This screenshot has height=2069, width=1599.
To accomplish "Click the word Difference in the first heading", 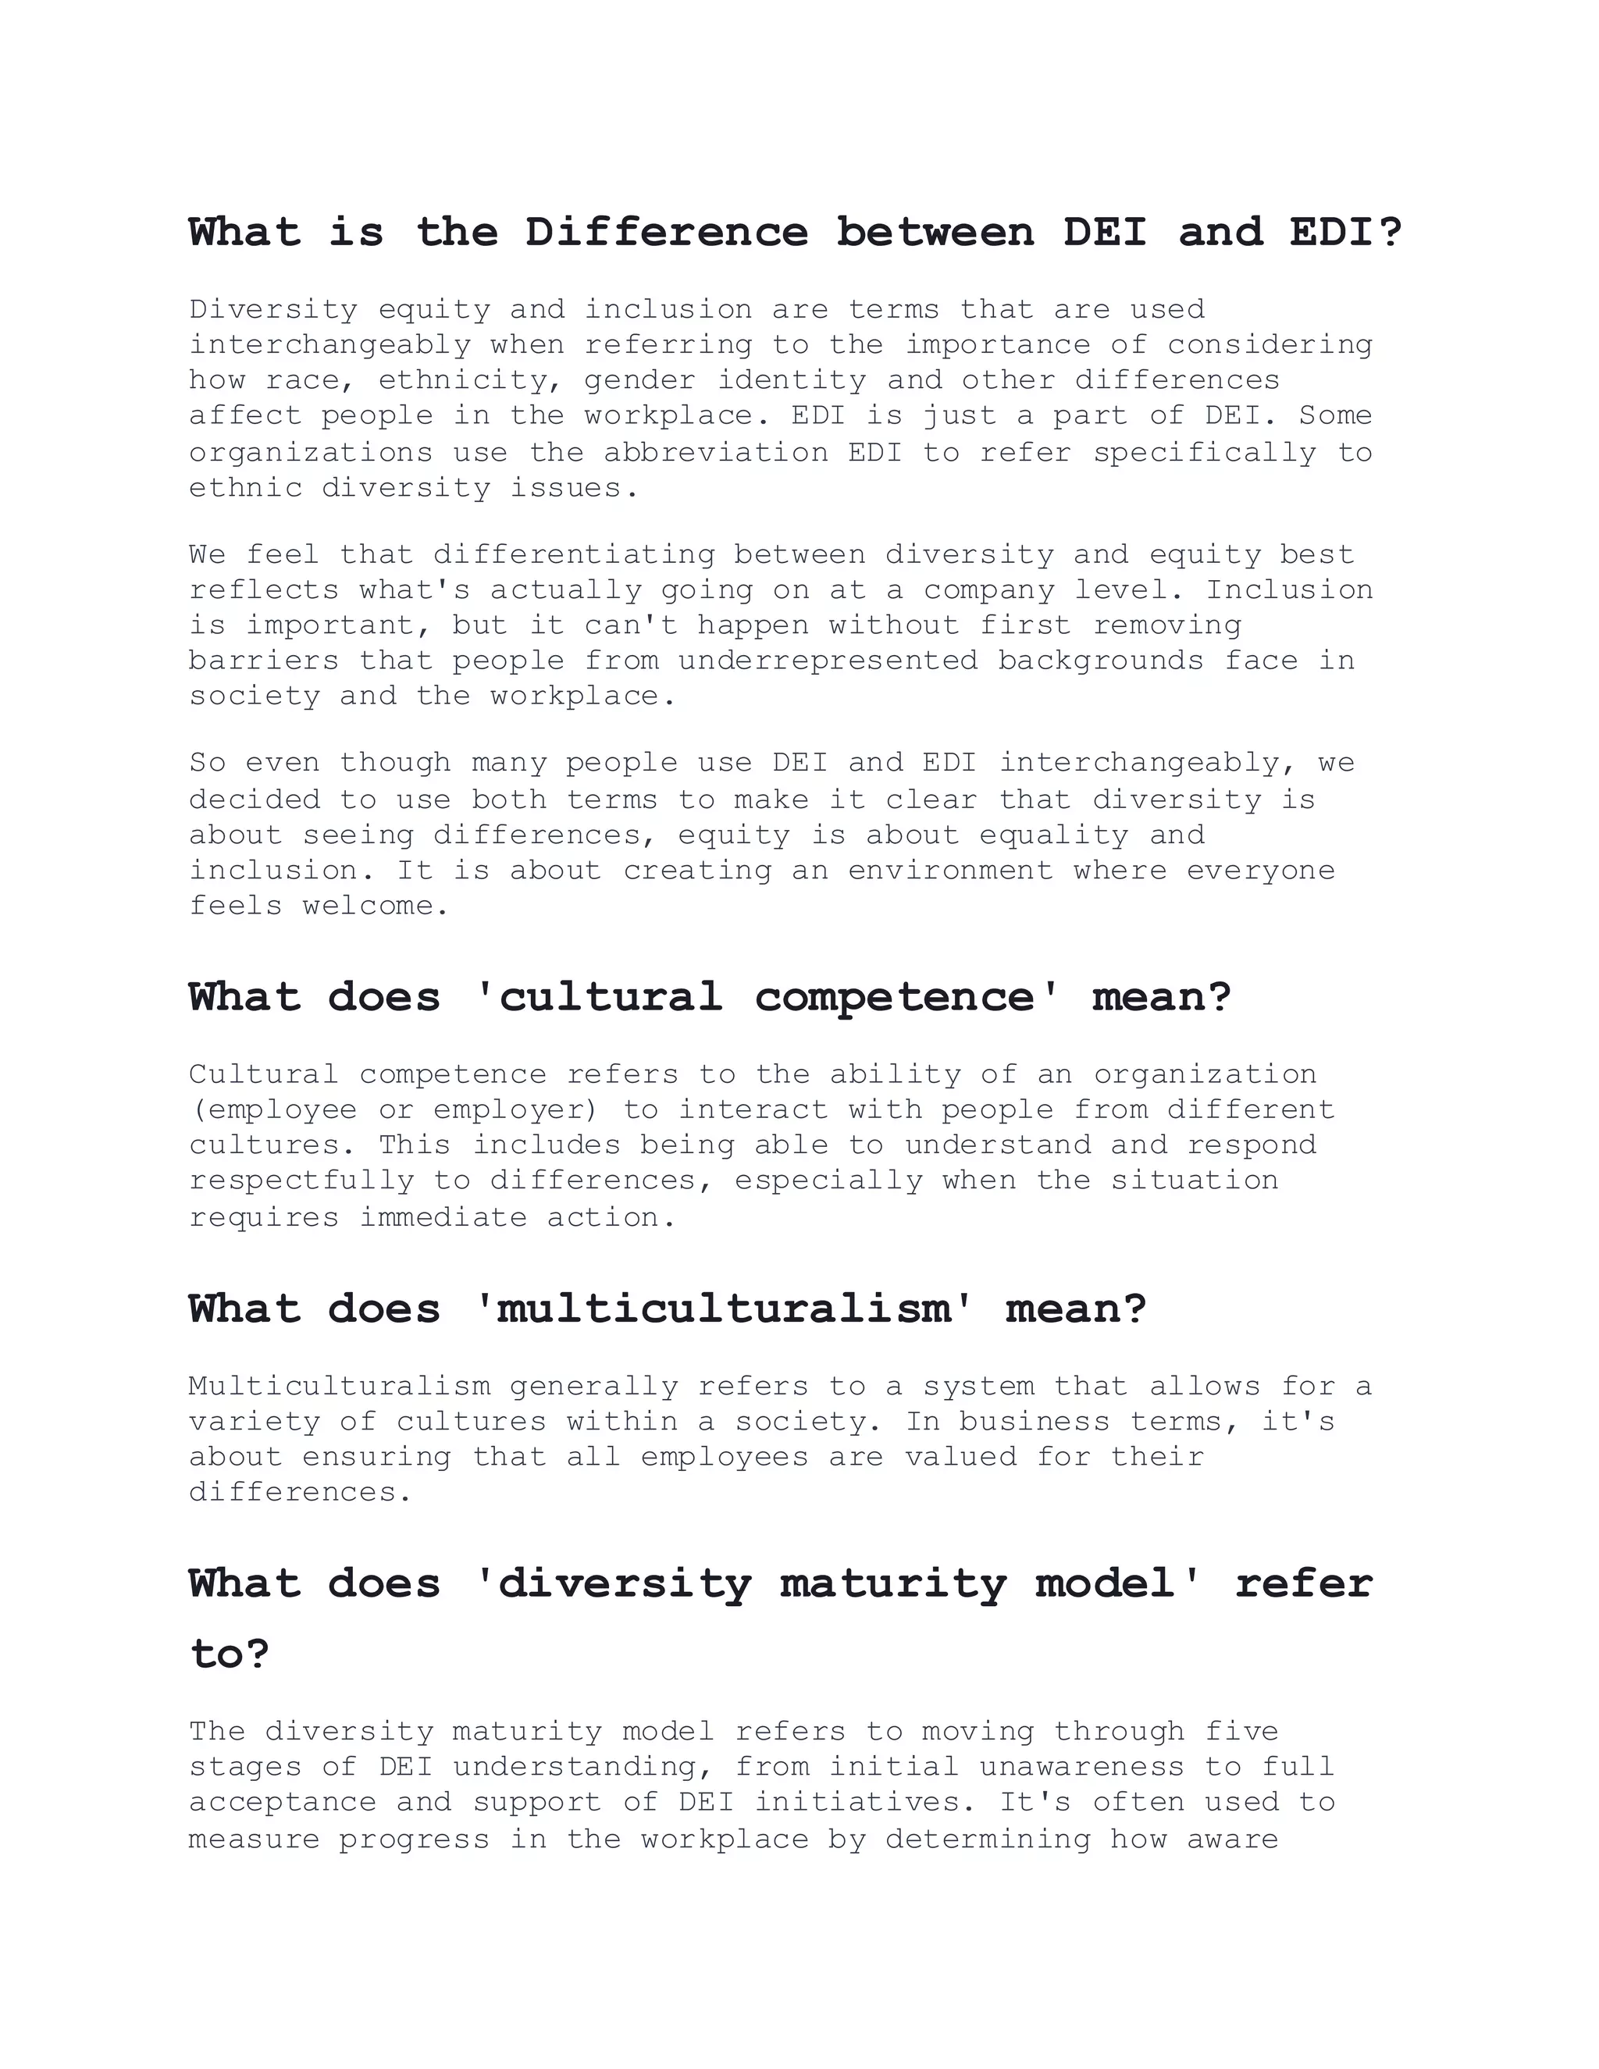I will pos(666,232).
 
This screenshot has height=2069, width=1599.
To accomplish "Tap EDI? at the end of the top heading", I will pos(1345,232).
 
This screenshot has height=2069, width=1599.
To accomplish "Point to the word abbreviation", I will pos(716,452).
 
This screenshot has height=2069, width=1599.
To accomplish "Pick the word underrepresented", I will pos(828,661).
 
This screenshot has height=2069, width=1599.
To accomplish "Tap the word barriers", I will pos(263,661).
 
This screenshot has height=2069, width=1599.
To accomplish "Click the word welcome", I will pos(375,906).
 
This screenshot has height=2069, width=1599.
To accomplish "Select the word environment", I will pos(950,871).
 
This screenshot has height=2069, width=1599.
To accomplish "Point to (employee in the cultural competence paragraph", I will pos(272,1109).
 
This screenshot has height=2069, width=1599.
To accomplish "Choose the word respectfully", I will pos(301,1181).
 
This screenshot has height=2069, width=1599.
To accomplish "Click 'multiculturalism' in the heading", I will pos(723,1309).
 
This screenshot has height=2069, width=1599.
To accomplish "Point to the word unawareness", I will pos(1082,1767).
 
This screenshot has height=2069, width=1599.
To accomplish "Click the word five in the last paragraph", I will pos(1242,1732).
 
